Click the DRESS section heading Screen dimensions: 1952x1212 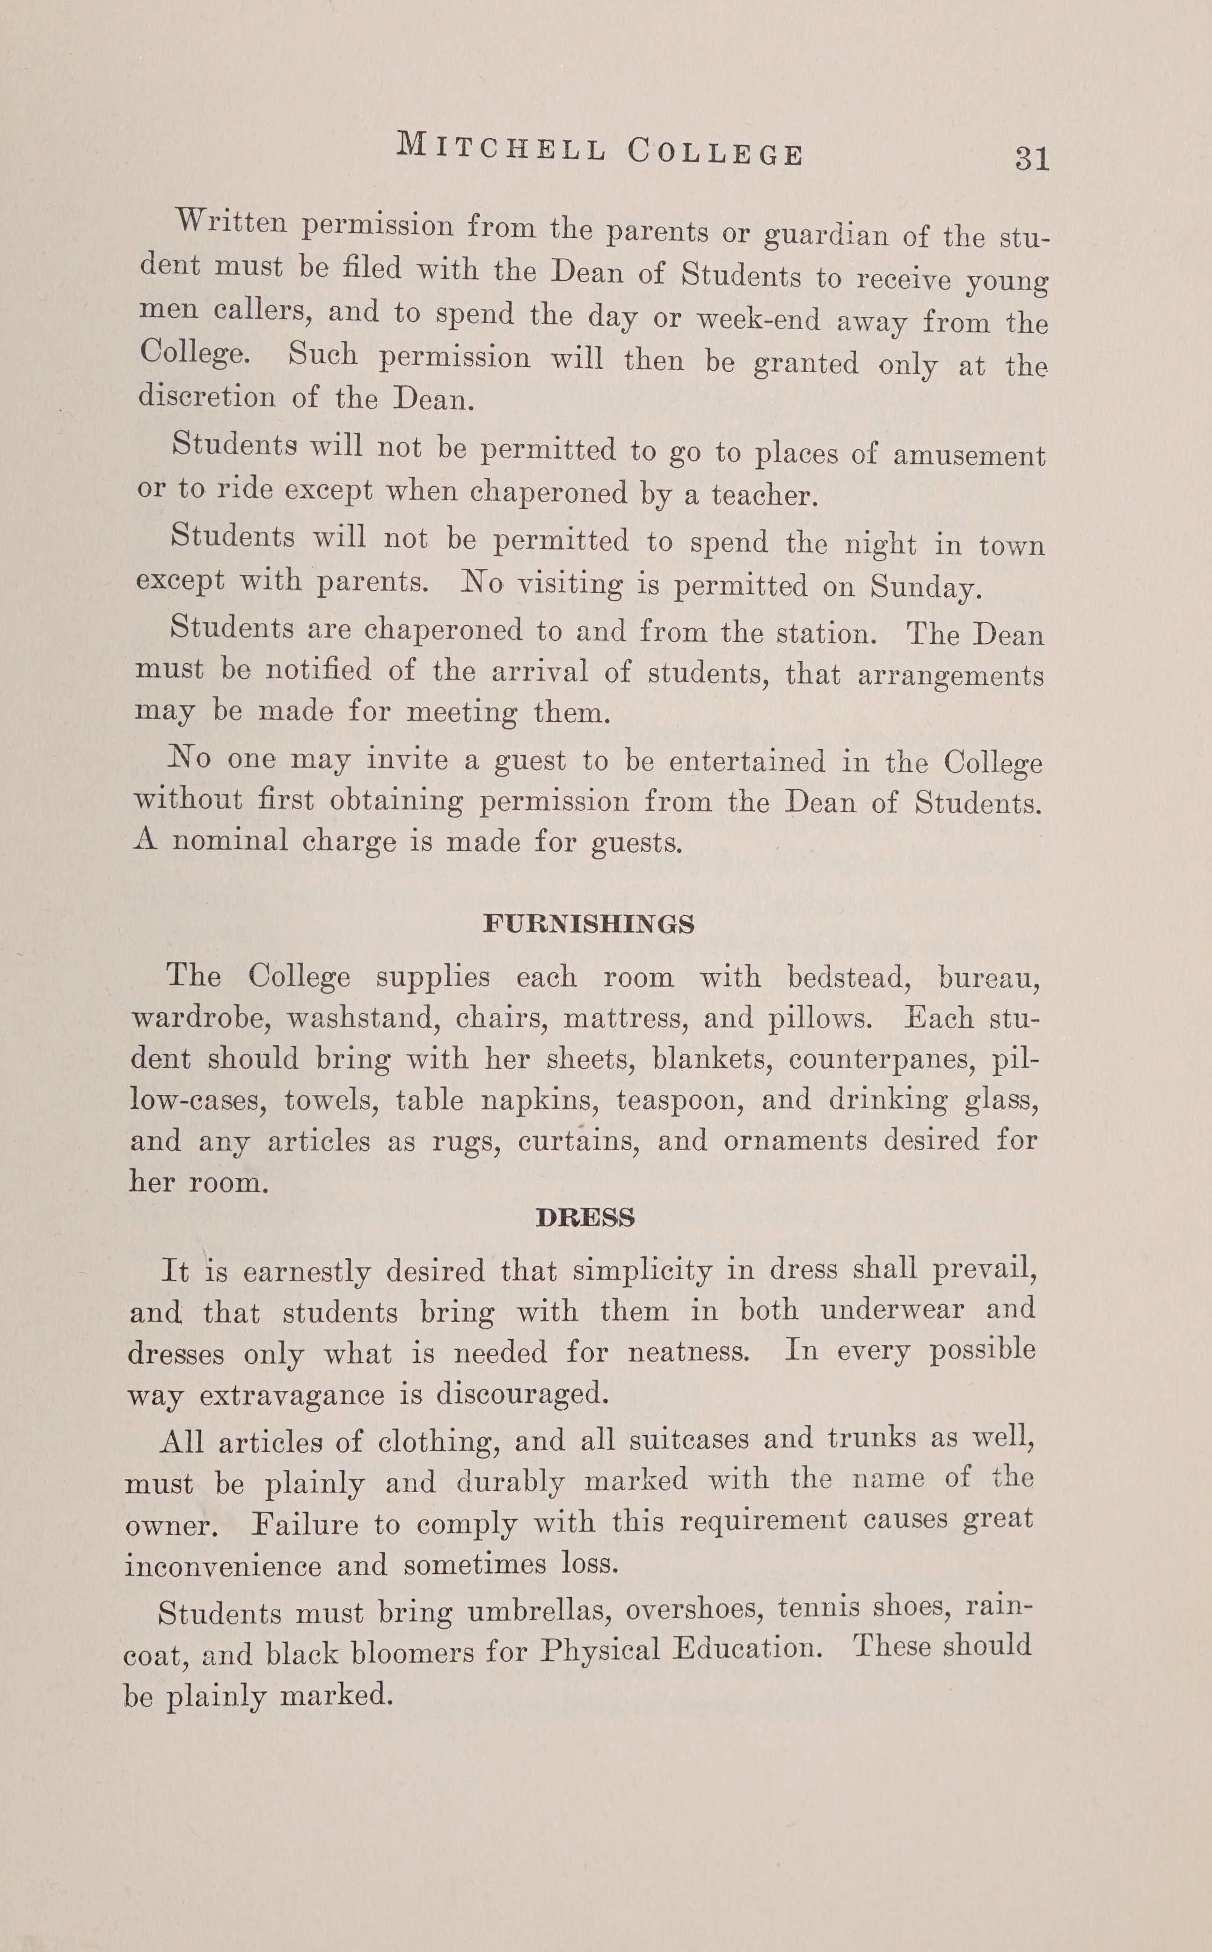click(585, 1218)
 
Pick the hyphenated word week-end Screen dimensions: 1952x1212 click(758, 319)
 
